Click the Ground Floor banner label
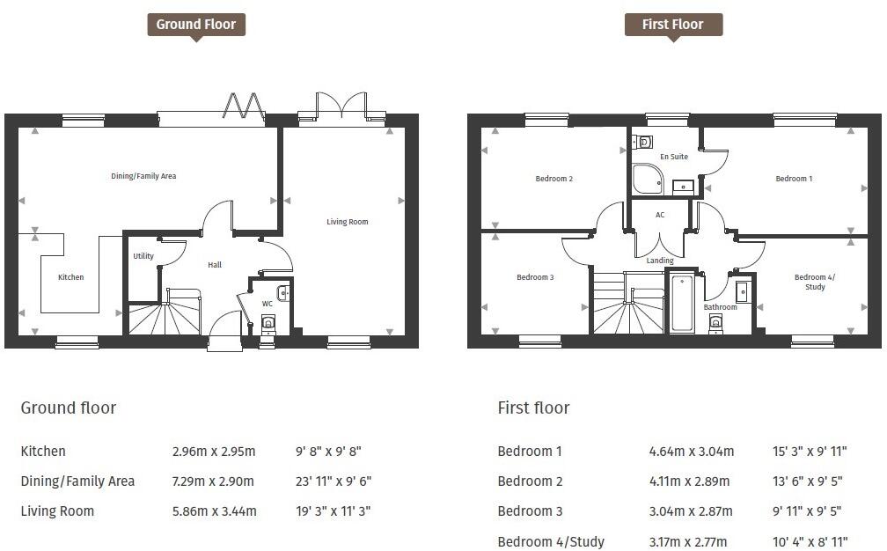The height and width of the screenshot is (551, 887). tap(195, 25)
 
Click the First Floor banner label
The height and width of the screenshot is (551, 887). tap(673, 25)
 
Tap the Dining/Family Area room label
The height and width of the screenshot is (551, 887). tap(143, 176)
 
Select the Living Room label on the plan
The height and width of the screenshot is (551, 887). tap(348, 222)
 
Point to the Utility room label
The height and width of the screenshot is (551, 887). tap(143, 256)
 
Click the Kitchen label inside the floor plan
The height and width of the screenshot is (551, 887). tap(71, 277)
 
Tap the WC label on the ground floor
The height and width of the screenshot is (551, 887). tap(268, 304)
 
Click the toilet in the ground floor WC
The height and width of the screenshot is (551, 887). tap(268, 324)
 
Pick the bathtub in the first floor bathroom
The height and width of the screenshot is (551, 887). tap(682, 304)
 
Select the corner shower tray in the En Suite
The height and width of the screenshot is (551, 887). tap(647, 179)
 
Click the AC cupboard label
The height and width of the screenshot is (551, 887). tap(660, 215)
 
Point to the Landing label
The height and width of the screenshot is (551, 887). tap(660, 261)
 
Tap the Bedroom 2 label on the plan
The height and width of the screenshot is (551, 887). tap(554, 179)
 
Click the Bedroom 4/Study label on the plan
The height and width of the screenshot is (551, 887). tap(815, 282)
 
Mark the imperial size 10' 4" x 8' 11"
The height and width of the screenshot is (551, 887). tap(809, 542)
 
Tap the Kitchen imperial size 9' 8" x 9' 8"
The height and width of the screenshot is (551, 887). tap(328, 452)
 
